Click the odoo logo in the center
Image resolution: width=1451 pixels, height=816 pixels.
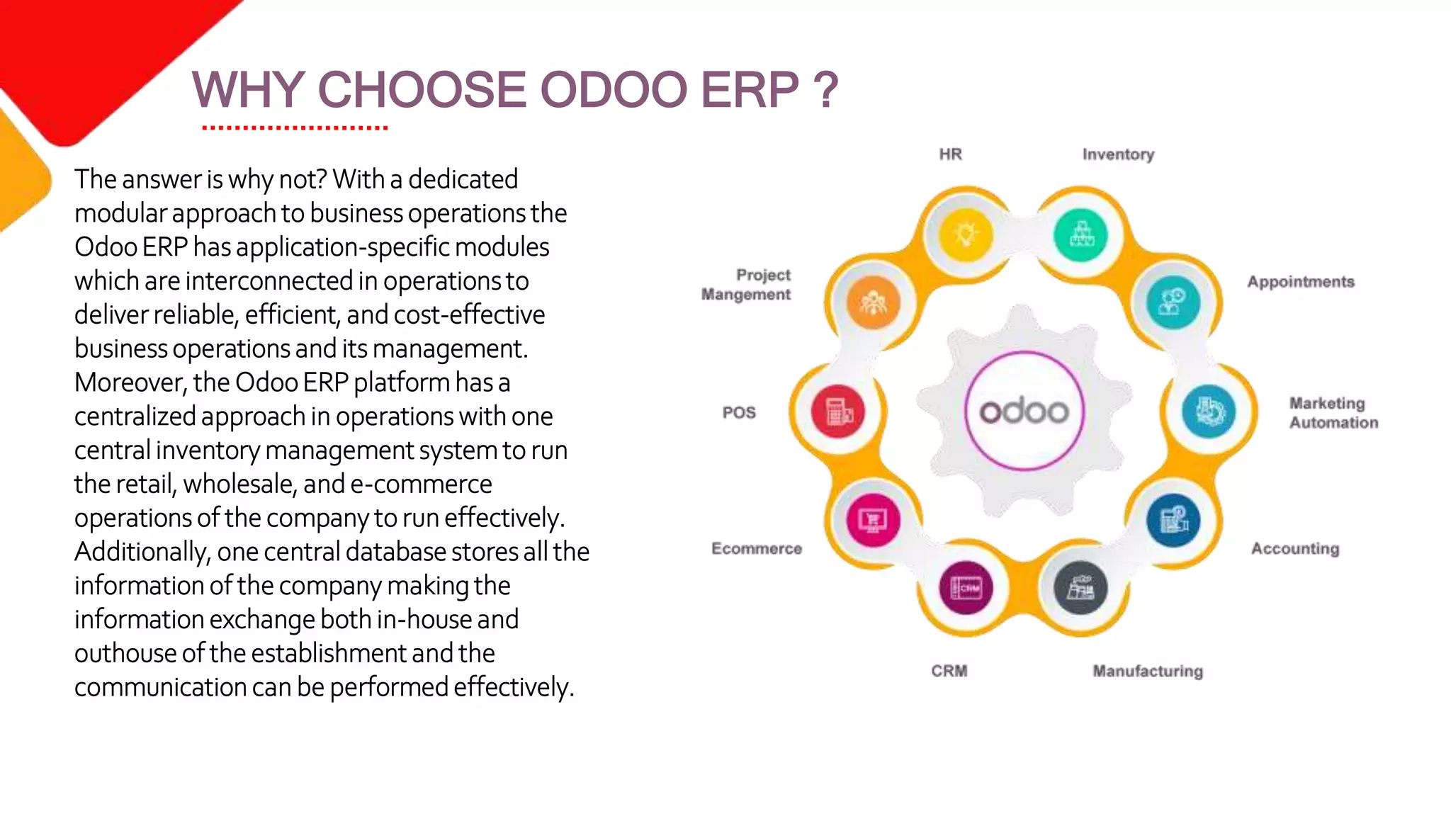[1024, 411]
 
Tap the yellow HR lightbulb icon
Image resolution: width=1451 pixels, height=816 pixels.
[966, 234]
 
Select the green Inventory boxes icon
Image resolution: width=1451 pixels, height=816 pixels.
[1080, 234]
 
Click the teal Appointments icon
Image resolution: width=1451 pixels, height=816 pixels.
[1173, 302]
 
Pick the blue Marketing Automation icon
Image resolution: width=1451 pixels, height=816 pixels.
[1209, 411]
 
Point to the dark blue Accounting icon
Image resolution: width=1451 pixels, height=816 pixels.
[1173, 521]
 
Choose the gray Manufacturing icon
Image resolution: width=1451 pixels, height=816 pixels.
[1080, 588]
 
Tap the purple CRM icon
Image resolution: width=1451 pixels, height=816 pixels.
[966, 588]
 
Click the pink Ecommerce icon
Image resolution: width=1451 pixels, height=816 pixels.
[873, 521]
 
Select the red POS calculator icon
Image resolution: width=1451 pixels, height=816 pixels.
[838, 412]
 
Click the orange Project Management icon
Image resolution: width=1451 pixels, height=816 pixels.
[873, 302]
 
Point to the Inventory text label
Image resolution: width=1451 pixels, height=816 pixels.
[1118, 154]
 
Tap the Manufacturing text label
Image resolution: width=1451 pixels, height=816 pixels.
[1147, 671]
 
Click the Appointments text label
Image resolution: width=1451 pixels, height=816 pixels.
[1300, 282]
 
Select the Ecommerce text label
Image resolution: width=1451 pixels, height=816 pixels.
[756, 549]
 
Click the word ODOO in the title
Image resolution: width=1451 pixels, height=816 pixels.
[614, 91]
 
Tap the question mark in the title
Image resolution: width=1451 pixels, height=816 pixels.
[825, 91]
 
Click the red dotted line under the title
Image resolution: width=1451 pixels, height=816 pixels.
[295, 128]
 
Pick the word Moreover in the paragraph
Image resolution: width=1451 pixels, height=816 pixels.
[130, 383]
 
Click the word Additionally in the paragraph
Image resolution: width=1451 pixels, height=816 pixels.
[142, 552]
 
